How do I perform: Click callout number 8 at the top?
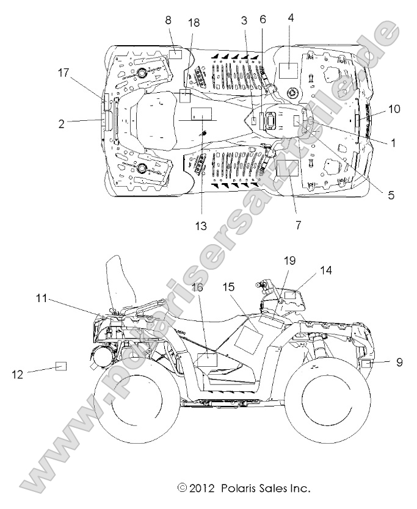coord(168,20)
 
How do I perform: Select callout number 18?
coord(194,23)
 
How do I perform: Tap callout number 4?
coord(291,18)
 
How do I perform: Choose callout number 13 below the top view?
coord(201,225)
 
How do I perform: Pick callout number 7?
coord(299,225)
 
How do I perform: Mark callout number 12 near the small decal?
coord(18,374)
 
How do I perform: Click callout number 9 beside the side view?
coord(399,362)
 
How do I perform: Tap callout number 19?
coord(290,260)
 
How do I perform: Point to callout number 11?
coord(42,298)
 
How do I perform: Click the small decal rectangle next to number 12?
coord(61,366)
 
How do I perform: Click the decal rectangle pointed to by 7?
coord(287,168)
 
